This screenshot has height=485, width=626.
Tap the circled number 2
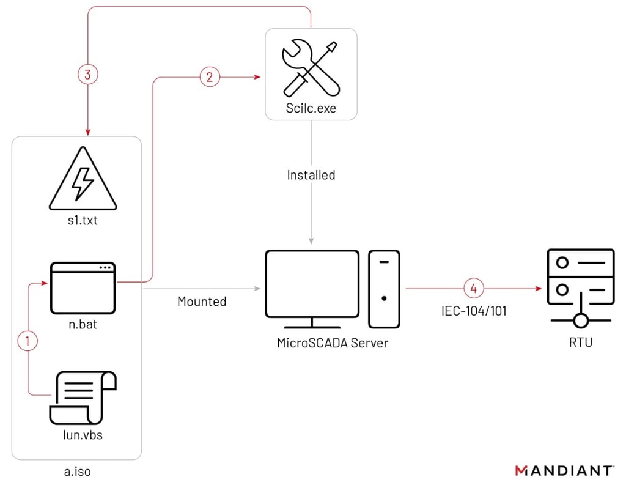coord(210,77)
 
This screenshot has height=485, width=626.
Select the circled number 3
coord(88,75)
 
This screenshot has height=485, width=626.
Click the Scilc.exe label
coord(311,109)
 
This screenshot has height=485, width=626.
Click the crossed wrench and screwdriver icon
coord(311,69)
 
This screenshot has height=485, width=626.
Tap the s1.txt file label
coord(83,220)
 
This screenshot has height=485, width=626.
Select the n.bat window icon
coord(83,287)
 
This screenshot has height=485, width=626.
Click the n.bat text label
coord(83,325)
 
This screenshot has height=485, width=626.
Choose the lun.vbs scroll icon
coord(83,397)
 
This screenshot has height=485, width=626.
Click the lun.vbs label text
coord(83,435)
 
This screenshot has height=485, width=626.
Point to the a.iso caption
coord(77,472)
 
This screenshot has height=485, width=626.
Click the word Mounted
coord(202,302)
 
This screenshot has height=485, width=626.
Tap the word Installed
coord(311,175)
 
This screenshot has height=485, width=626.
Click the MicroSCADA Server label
coord(332,343)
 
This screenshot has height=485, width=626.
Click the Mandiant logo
coord(564,470)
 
